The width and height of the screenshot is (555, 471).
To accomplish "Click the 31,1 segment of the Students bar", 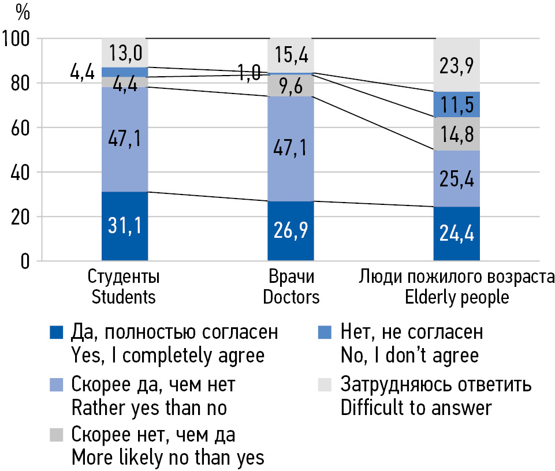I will tap(125, 226).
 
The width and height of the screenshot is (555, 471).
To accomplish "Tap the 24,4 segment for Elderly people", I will tap(457, 234).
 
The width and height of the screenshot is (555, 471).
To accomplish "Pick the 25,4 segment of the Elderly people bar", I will tap(457, 178).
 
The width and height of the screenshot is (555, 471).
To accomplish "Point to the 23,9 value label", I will tap(457, 65).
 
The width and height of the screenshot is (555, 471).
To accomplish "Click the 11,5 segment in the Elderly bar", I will tap(457, 104).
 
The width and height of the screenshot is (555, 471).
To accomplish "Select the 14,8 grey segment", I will tap(457, 134).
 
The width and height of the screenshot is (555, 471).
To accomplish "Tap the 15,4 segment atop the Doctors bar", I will tap(290, 55).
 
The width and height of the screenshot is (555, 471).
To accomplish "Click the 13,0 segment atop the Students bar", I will tap(125, 53).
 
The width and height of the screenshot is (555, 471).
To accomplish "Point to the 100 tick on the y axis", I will tap(18, 39).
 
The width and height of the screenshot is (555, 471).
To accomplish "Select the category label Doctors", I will tap(291, 297).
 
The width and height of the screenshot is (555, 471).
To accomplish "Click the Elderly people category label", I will tap(456, 297).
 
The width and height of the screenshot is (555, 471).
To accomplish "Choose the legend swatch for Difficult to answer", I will tap(325, 384).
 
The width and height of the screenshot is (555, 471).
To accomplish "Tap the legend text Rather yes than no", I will tap(148, 408).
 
